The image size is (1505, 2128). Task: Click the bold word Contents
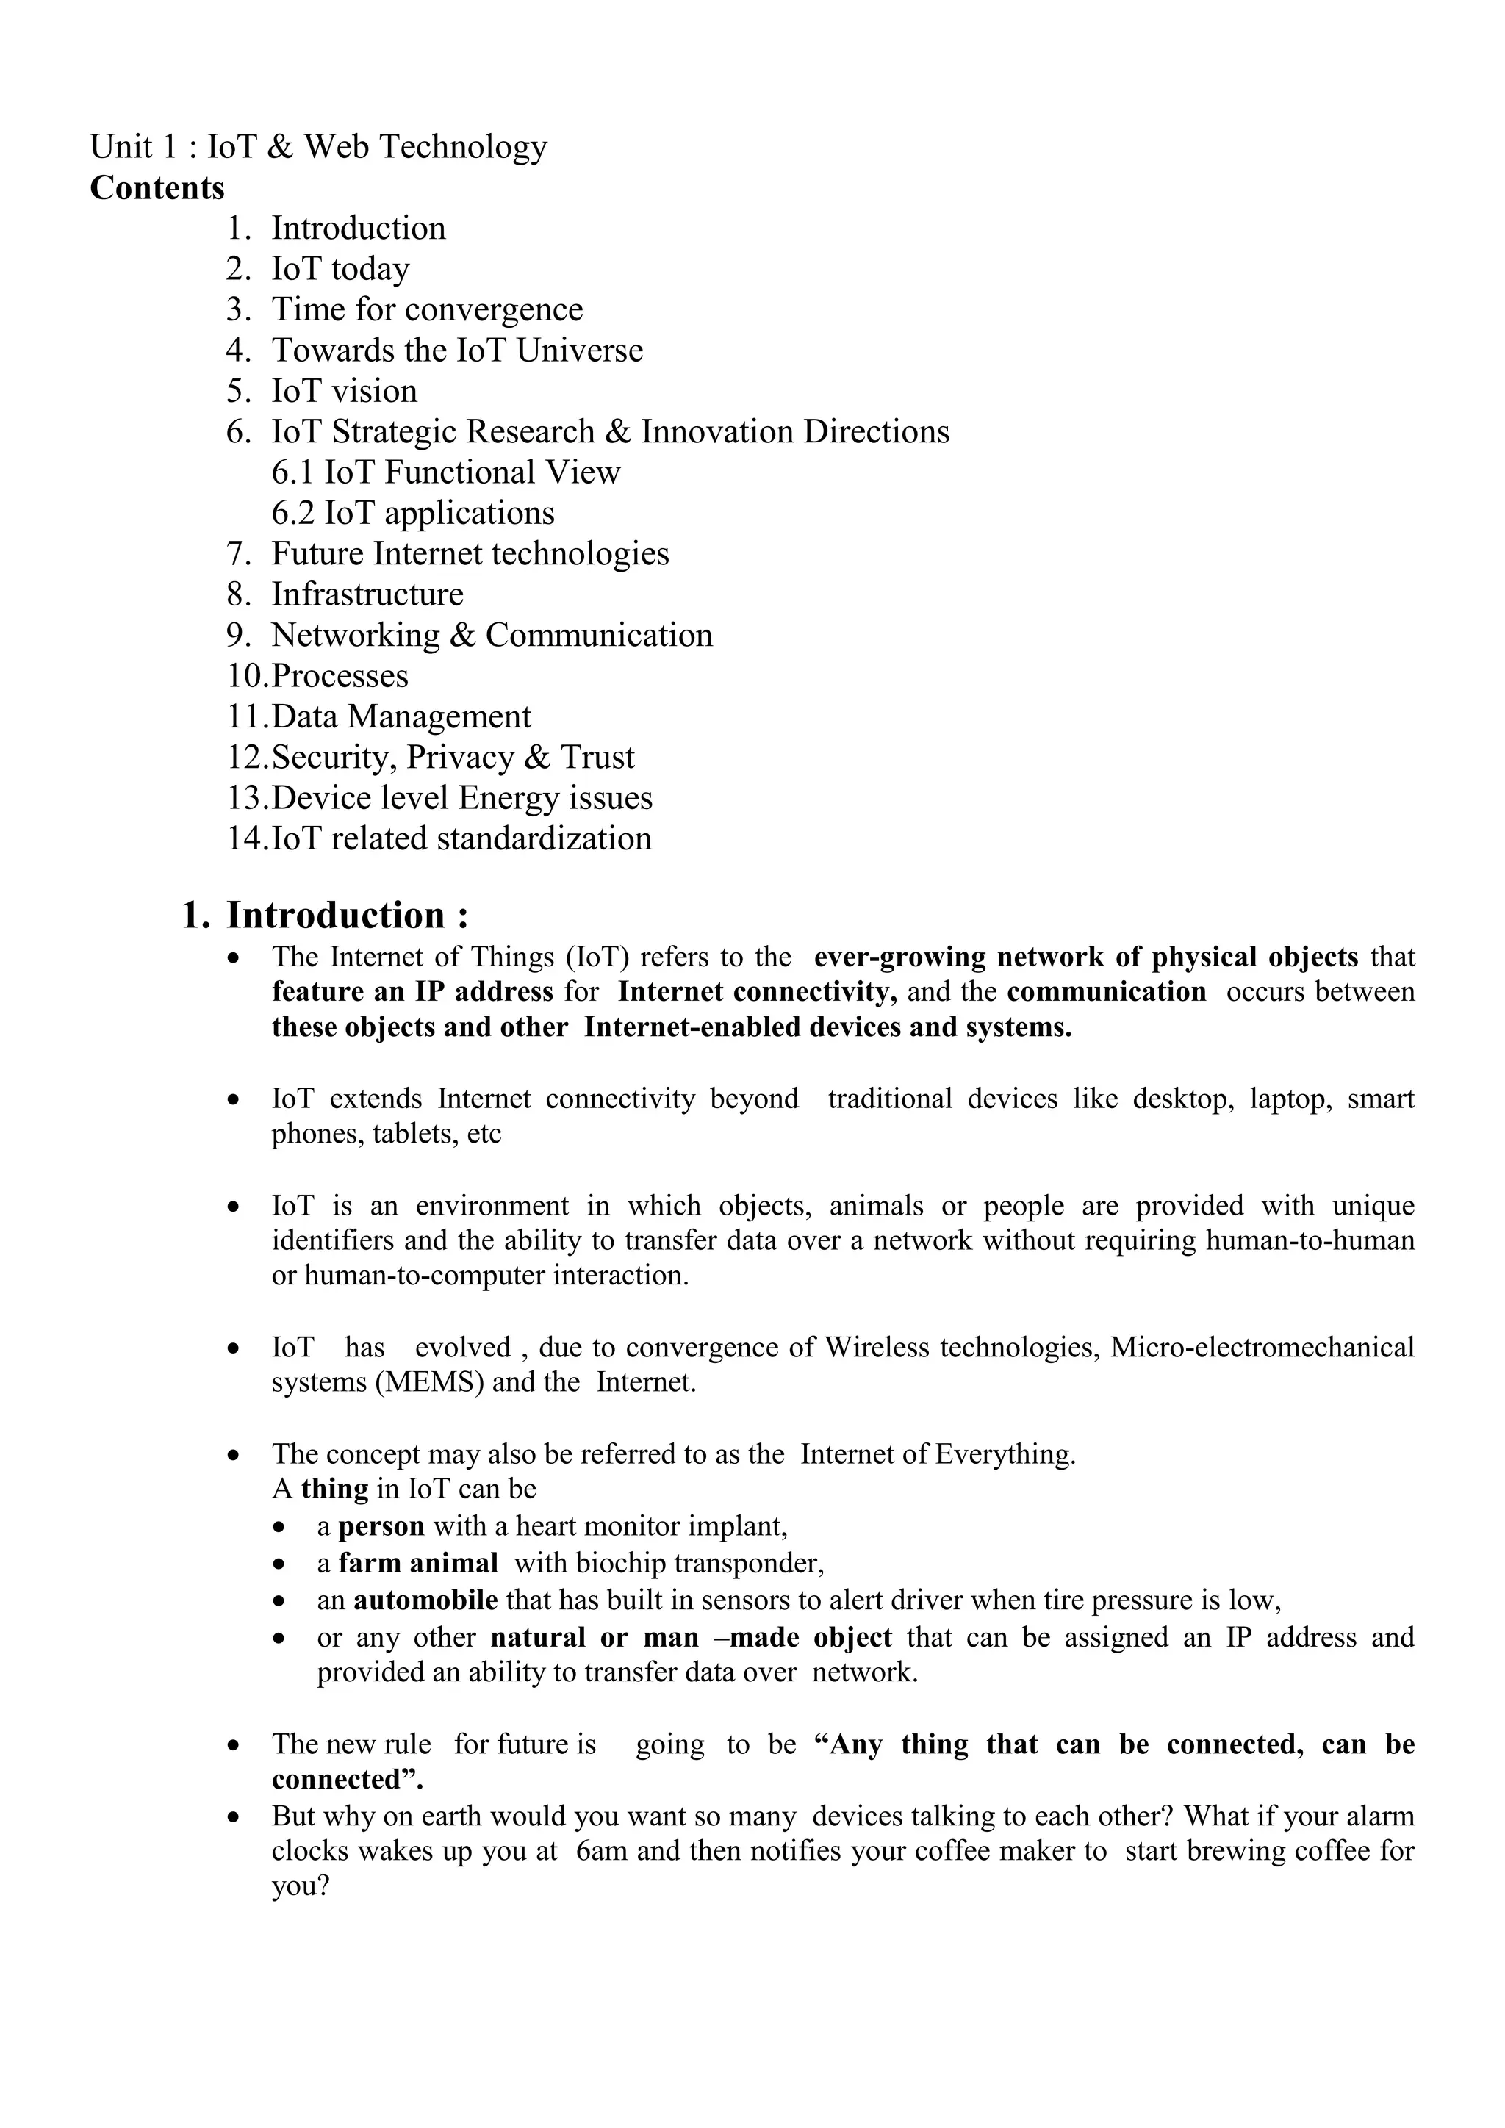[x=157, y=188]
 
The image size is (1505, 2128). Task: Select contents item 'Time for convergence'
[x=426, y=309]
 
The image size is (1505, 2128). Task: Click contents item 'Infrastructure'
[x=367, y=594]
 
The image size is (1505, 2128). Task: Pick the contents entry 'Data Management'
[x=401, y=716]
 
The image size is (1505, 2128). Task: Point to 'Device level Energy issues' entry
[x=461, y=798]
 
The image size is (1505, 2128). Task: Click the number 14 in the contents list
[x=246, y=838]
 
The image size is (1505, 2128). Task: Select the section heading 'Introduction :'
[x=348, y=916]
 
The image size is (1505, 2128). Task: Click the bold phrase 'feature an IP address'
[x=412, y=993]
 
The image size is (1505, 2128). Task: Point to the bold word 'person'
[x=381, y=1526]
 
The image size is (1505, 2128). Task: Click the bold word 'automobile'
[x=425, y=1600]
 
